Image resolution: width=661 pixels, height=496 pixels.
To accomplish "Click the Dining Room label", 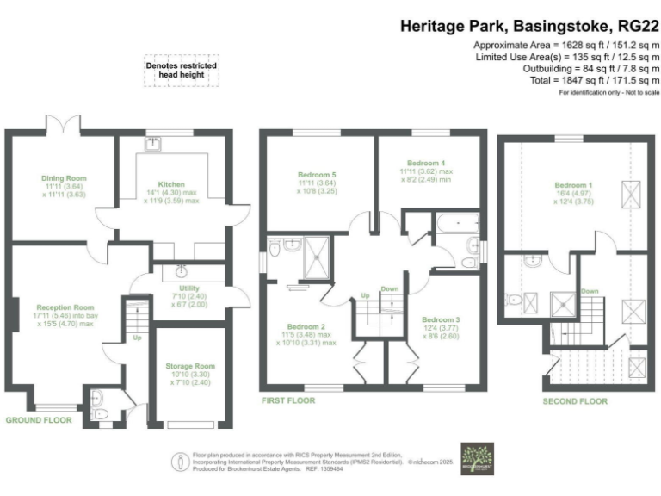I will pyautogui.click(x=65, y=178).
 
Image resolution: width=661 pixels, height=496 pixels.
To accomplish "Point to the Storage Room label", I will pyautogui.click(x=190, y=366).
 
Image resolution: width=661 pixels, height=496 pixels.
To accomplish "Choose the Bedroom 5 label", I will pyautogui.click(x=317, y=175).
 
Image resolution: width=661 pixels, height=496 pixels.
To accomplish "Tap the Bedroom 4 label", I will pyautogui.click(x=425, y=162).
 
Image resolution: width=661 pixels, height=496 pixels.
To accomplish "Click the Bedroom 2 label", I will pyautogui.click(x=305, y=327).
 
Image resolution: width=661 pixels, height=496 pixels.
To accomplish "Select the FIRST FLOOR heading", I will pyautogui.click(x=287, y=400).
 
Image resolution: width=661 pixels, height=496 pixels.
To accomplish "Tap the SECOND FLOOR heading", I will pyautogui.click(x=575, y=401).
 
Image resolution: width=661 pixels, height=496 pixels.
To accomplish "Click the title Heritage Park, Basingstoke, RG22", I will pyautogui.click(x=529, y=26).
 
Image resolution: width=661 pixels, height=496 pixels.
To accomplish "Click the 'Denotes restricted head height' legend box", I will pyautogui.click(x=181, y=71).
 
